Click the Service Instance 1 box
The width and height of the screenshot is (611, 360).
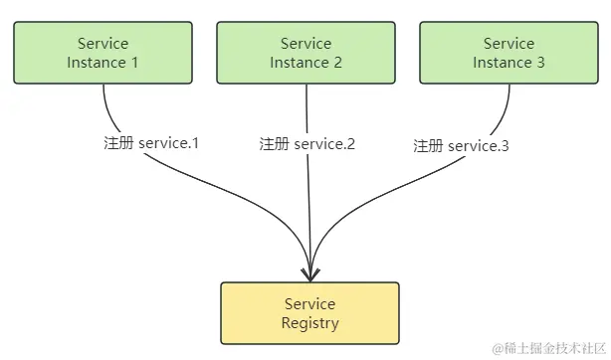click(x=102, y=53)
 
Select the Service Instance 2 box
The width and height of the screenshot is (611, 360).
click(x=305, y=53)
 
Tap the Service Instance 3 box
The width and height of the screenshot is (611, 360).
click(x=509, y=53)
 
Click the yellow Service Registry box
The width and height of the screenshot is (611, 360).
click(x=309, y=313)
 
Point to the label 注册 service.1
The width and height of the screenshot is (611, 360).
click(x=151, y=142)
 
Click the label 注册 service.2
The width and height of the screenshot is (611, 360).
click(x=306, y=144)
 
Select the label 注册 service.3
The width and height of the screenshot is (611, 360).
click(x=461, y=146)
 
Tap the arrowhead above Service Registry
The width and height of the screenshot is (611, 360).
click(x=310, y=270)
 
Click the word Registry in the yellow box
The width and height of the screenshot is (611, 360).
click(x=309, y=323)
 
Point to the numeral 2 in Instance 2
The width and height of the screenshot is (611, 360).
click(x=337, y=63)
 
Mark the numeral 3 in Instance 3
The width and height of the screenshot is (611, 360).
click(x=540, y=63)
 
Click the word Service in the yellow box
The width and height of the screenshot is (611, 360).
click(x=309, y=303)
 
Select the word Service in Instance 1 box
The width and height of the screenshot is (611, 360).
click(x=102, y=44)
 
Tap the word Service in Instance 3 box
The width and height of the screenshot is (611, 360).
click(x=509, y=44)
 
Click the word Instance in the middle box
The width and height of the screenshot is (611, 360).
click(x=298, y=63)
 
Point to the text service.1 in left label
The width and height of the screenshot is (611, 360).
click(x=169, y=142)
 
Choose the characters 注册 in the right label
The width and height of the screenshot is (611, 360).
click(x=428, y=146)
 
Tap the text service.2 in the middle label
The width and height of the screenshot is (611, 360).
click(x=324, y=144)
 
